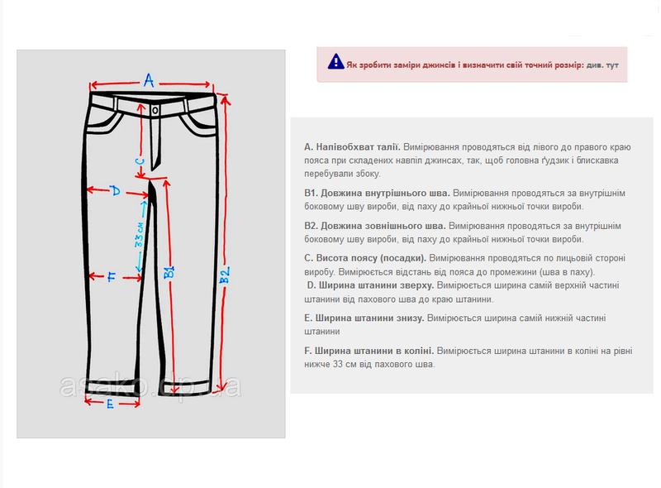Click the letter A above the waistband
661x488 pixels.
(149, 79)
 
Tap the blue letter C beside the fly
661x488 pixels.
(140, 162)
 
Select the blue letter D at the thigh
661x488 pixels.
(116, 191)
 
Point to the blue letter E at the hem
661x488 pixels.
(110, 404)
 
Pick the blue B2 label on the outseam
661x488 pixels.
(224, 275)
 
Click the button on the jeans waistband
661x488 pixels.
(155, 109)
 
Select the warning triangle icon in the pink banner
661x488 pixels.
(335, 60)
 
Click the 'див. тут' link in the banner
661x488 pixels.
(603, 64)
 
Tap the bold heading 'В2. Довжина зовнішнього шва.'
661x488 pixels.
(375, 225)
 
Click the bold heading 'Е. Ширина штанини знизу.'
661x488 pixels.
(364, 318)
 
